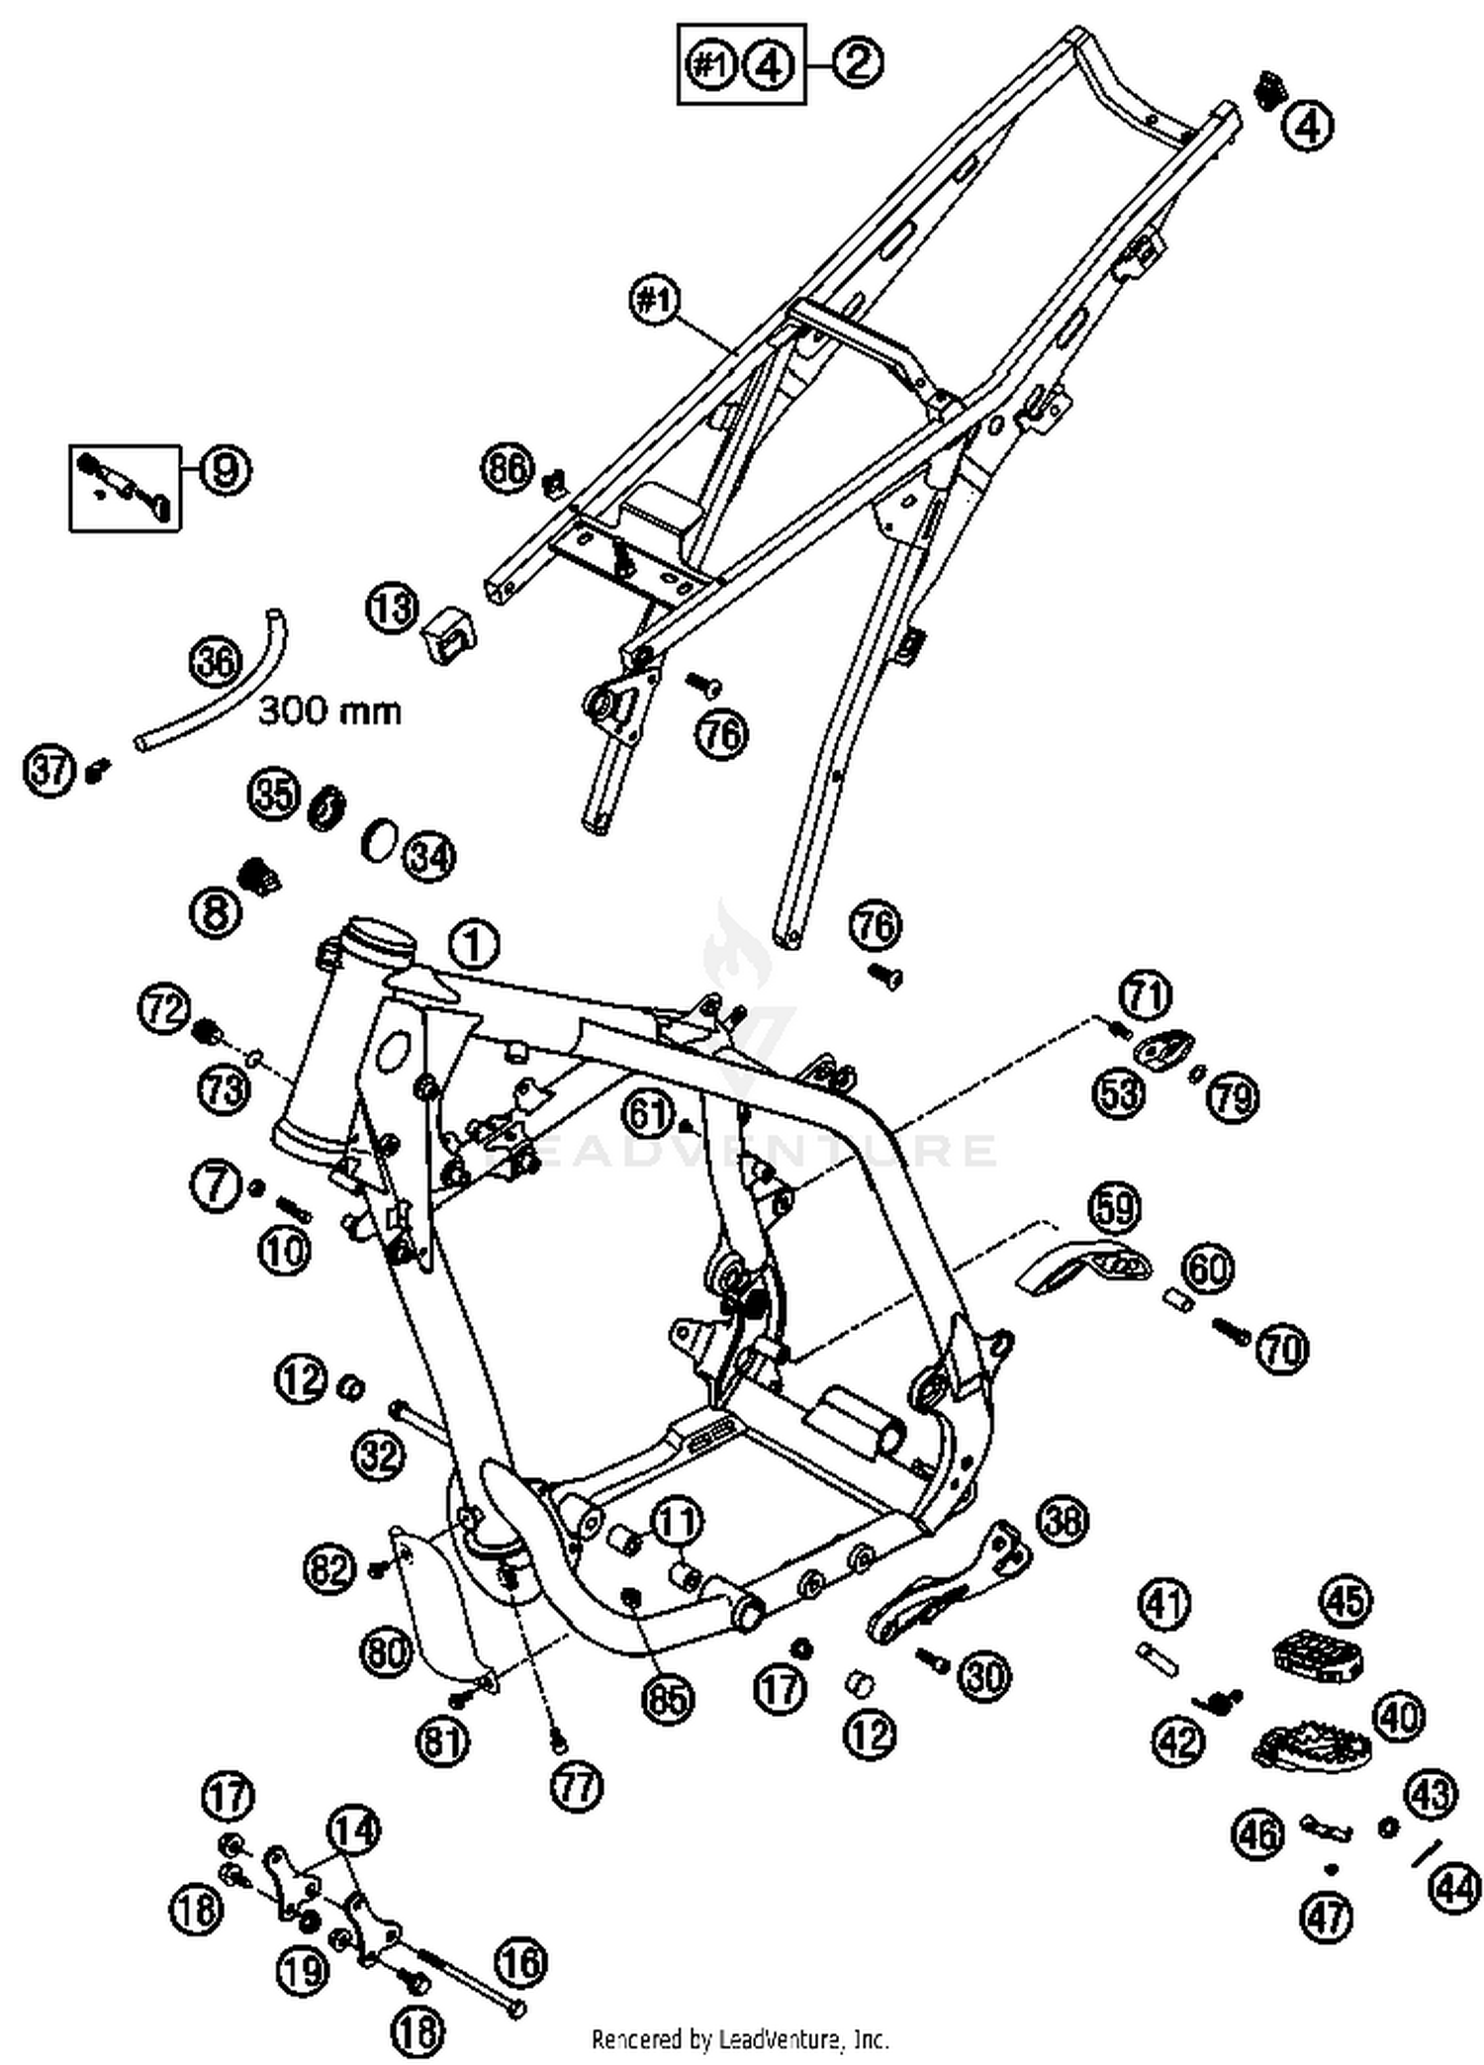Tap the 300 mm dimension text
click(x=329, y=710)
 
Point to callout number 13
click(x=393, y=609)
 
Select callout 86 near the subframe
click(x=508, y=468)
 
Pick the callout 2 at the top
click(x=857, y=63)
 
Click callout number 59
click(x=1115, y=1208)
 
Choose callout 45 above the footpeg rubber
click(x=1345, y=1601)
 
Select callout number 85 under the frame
click(x=668, y=1699)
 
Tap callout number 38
click(x=1063, y=1520)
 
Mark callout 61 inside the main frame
click(x=650, y=1115)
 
